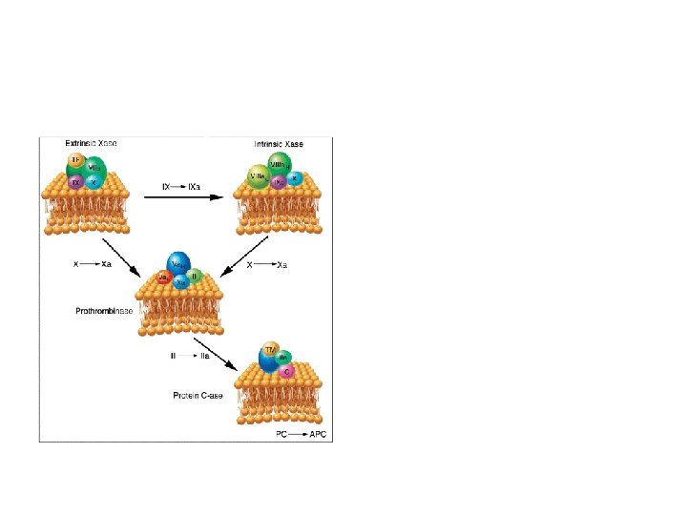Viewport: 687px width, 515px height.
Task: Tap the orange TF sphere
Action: [75, 160]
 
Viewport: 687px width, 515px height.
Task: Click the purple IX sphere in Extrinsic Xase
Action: [74, 180]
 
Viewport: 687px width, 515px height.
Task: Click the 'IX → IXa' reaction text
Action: [181, 187]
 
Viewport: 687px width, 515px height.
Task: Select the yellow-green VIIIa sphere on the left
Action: [258, 176]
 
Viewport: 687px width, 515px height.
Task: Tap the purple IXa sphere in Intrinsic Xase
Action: [280, 181]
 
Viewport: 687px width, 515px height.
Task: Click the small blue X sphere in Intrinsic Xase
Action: [295, 177]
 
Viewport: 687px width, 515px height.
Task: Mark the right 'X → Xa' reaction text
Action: [268, 265]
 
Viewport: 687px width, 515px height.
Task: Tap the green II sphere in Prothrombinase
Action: [194, 277]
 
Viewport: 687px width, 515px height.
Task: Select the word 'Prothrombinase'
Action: [104, 311]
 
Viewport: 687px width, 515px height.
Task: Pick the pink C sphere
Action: [287, 371]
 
